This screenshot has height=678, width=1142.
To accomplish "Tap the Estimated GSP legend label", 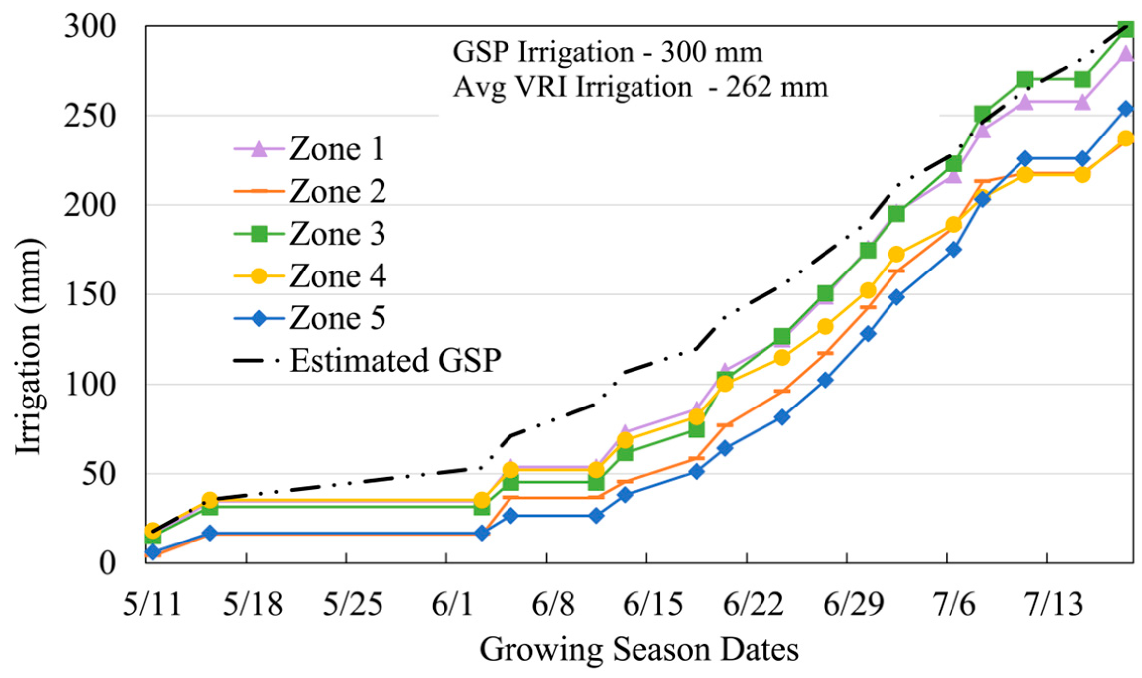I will pos(395,360).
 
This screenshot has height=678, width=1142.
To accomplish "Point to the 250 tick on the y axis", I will pos(90,116).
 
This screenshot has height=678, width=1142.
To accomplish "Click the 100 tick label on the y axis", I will pos(90,384).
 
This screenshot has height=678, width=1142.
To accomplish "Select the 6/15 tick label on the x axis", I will pos(652,605).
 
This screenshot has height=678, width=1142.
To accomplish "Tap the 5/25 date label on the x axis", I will pos(353,605).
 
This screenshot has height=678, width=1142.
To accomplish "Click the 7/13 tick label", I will pos(1054,605).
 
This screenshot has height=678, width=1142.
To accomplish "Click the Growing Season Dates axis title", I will pos(639,649).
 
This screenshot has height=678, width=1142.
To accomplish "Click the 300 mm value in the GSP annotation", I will pos(711,52).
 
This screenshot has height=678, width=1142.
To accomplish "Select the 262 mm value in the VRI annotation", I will pos(777,87).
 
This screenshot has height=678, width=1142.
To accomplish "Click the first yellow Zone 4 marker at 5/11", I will pos(152,530).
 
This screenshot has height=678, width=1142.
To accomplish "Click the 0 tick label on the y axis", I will pos(107,563).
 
